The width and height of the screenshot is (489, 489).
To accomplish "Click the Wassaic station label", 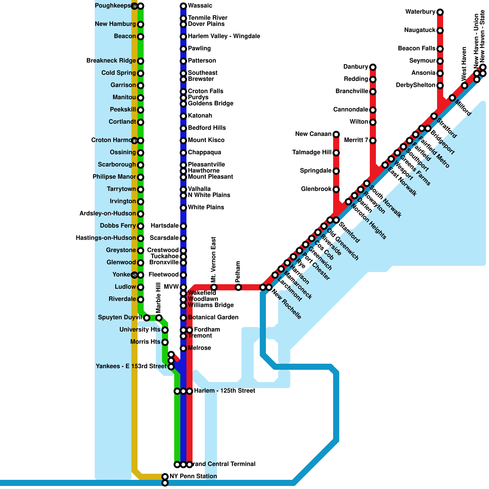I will point(200,6).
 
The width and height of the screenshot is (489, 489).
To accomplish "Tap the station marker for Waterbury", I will point(440,12).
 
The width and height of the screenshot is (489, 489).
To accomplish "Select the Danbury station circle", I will point(373,67).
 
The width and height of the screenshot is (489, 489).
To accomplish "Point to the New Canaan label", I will point(313,134).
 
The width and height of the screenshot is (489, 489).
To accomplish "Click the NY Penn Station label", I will point(193,476).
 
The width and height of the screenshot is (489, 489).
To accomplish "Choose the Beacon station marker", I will point(141,37).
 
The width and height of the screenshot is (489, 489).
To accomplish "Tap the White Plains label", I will point(206,208).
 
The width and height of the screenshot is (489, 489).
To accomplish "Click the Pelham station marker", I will point(238,287).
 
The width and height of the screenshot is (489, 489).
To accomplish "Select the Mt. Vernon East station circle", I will point(214,287).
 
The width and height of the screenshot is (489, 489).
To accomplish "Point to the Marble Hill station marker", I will point(159,318).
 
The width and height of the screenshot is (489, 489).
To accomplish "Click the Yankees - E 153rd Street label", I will point(131,366).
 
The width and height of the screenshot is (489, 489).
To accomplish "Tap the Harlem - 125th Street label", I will point(224,391).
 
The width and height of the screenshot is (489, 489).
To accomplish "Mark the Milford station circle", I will point(452,98).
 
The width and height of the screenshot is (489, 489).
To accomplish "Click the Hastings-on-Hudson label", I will point(106,238).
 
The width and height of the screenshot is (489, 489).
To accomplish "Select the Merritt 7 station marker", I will point(373,141).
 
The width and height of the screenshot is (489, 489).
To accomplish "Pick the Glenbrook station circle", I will point(336,189).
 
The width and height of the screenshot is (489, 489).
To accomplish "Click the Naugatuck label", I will point(420,30).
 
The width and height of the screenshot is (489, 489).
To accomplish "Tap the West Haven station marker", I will point(465,86).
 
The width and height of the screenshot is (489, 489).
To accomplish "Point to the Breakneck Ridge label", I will point(111,61).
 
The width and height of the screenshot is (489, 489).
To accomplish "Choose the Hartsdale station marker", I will point(183,226).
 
